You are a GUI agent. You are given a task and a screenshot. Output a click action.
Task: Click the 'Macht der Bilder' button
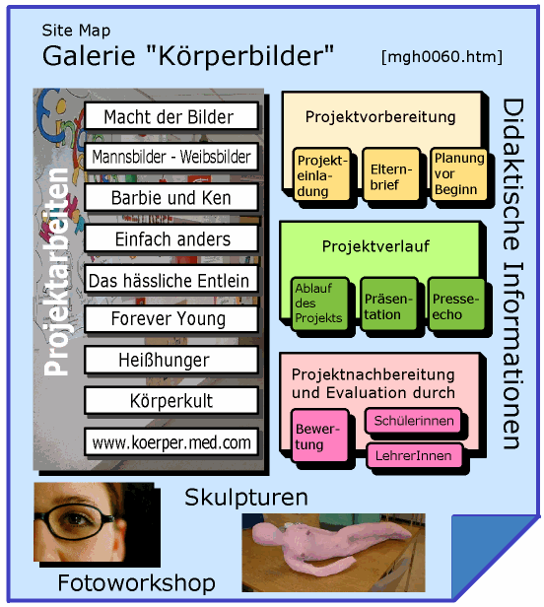pyautogui.click(x=170, y=117)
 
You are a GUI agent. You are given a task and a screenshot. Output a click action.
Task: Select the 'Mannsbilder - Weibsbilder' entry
pyautogui.click(x=170, y=157)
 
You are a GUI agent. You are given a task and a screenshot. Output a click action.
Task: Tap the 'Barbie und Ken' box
pyautogui.click(x=170, y=197)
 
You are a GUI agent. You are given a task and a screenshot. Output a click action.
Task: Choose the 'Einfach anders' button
pyautogui.click(x=170, y=238)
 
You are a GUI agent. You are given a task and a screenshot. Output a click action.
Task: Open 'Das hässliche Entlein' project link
pyautogui.click(x=170, y=280)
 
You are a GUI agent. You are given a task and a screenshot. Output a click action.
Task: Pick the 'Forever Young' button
pyautogui.click(x=170, y=319)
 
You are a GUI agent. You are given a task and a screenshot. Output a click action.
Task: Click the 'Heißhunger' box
pyautogui.click(x=170, y=360)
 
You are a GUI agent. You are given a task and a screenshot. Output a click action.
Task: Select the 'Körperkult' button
pyautogui.click(x=170, y=401)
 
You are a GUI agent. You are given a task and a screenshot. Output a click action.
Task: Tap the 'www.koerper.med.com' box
pyautogui.click(x=170, y=442)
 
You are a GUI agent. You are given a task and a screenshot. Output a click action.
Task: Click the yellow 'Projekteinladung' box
pyautogui.click(x=321, y=174)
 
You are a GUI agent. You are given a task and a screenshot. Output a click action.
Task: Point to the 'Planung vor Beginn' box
pyautogui.click(x=458, y=173)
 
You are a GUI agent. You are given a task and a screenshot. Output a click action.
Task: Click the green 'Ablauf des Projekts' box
pyautogui.click(x=318, y=303)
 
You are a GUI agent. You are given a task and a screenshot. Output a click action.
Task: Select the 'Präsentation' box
pyautogui.click(x=388, y=303)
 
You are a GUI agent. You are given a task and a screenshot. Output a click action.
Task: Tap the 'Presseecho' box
pyautogui.click(x=455, y=303)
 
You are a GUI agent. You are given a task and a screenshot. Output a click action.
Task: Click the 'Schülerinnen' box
pyautogui.click(x=414, y=421)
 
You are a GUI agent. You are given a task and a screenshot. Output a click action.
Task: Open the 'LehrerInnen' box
pyautogui.click(x=414, y=455)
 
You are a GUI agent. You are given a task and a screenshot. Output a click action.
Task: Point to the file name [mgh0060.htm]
pyautogui.click(x=442, y=57)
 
